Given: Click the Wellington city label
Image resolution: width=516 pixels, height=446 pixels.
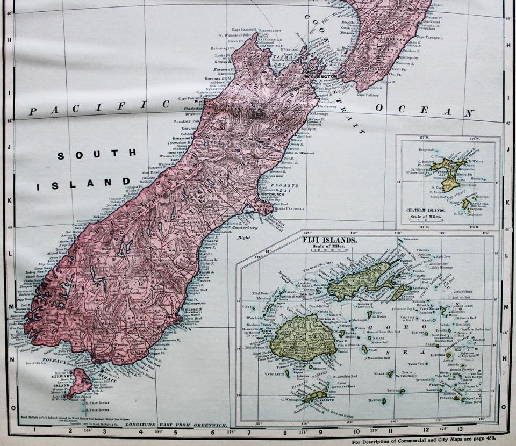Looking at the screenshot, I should (x=321, y=76).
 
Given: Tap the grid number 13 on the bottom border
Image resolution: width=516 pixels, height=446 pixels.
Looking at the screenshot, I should (x=460, y=429).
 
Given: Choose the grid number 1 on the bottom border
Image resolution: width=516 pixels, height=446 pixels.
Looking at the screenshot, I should (x=34, y=429).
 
